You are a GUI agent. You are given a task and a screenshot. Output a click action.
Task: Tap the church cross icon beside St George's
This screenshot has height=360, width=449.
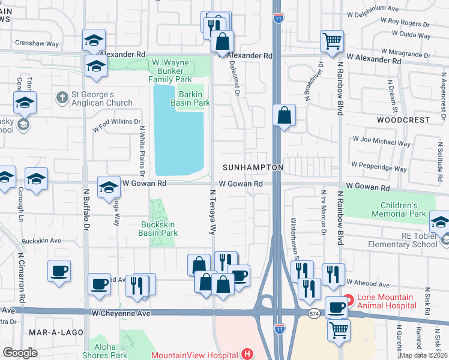tap(61, 97)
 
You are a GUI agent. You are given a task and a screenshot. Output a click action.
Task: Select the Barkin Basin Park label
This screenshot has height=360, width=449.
tap(194, 97)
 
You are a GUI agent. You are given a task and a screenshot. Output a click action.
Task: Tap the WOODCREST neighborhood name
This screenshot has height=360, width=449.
tap(403, 120)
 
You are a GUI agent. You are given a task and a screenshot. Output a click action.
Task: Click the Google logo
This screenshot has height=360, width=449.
tap(20, 353)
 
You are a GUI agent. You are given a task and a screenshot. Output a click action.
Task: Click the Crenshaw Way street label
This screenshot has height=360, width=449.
tap(37, 44)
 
